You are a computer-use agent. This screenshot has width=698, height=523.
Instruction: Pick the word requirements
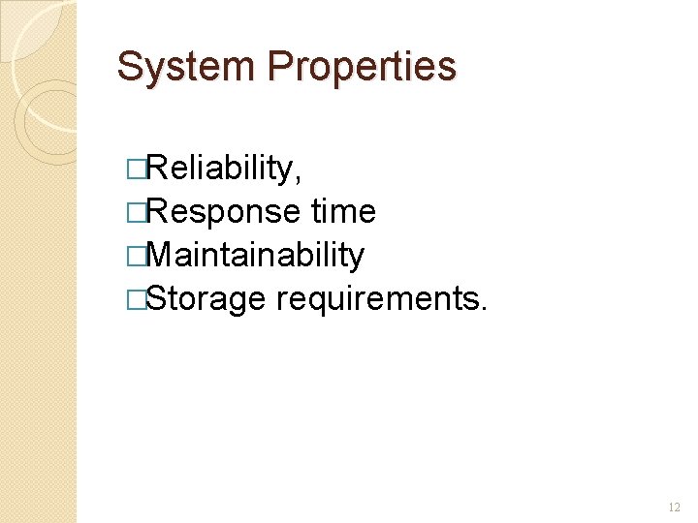click(x=375, y=298)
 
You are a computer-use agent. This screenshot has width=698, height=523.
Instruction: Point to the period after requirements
click(x=484, y=307)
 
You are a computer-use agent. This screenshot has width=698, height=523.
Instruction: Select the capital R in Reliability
click(x=153, y=169)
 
